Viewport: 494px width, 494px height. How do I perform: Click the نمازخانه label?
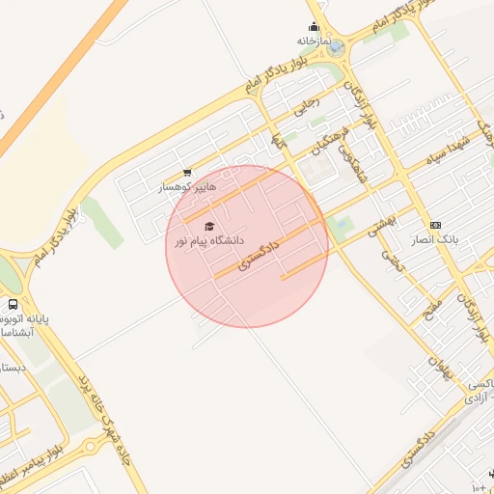(319, 42)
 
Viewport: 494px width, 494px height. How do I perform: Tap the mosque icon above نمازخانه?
(314, 27)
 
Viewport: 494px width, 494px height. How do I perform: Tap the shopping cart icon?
(187, 174)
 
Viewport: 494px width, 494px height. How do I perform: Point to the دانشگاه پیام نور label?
(209, 239)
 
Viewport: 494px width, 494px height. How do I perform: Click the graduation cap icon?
(210, 226)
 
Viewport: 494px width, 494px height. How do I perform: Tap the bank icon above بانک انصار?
(435, 225)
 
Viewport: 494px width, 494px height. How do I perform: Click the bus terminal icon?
(12, 304)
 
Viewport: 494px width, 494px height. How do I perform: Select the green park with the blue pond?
(340, 227)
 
